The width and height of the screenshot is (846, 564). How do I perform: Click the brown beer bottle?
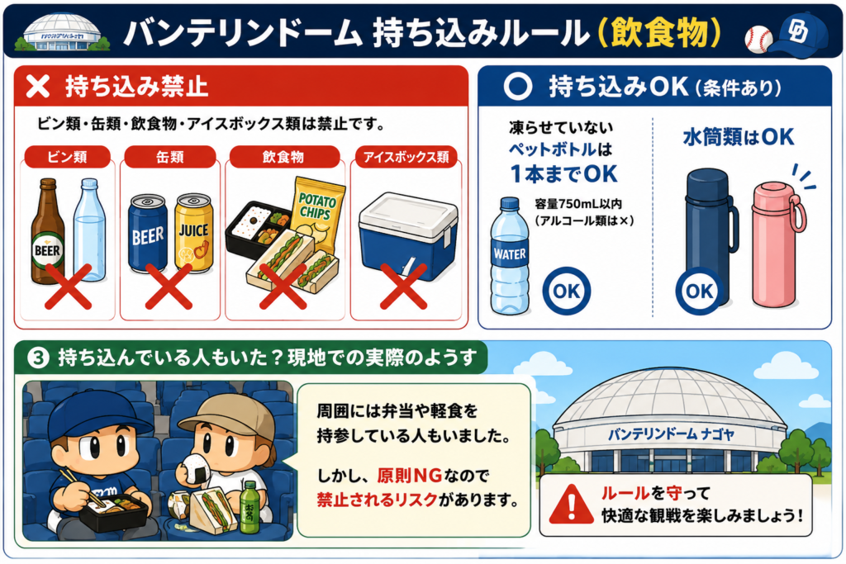(x=47, y=232)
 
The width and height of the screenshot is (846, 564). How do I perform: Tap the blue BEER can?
(x=147, y=233)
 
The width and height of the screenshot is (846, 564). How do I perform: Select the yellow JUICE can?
(x=193, y=232)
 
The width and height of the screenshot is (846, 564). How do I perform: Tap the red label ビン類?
(x=68, y=157)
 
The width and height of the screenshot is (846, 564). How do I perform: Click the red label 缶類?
(x=170, y=157)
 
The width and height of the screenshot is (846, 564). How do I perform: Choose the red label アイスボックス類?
(x=406, y=157)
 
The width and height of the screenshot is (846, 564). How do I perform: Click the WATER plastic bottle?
(x=509, y=256)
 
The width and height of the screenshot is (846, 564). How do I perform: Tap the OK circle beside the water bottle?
(x=567, y=291)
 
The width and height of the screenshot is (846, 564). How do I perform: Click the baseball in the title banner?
(x=758, y=39)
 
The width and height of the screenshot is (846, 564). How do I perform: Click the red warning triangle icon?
(x=572, y=505)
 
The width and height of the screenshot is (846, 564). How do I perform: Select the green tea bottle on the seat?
(x=249, y=507)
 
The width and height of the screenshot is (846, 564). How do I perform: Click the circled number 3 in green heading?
(x=38, y=358)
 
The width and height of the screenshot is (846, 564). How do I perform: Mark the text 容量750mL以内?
(x=578, y=204)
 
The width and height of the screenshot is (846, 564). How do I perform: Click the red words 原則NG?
(x=410, y=476)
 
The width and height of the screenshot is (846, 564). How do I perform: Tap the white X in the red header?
(x=38, y=86)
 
